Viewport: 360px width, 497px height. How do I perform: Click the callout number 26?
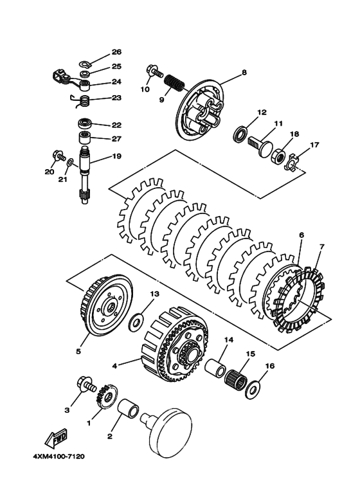point(116,51)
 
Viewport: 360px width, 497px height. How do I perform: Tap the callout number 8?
point(244,73)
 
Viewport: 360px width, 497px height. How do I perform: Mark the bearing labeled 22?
point(84,123)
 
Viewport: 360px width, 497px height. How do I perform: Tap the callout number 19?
point(116,156)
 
